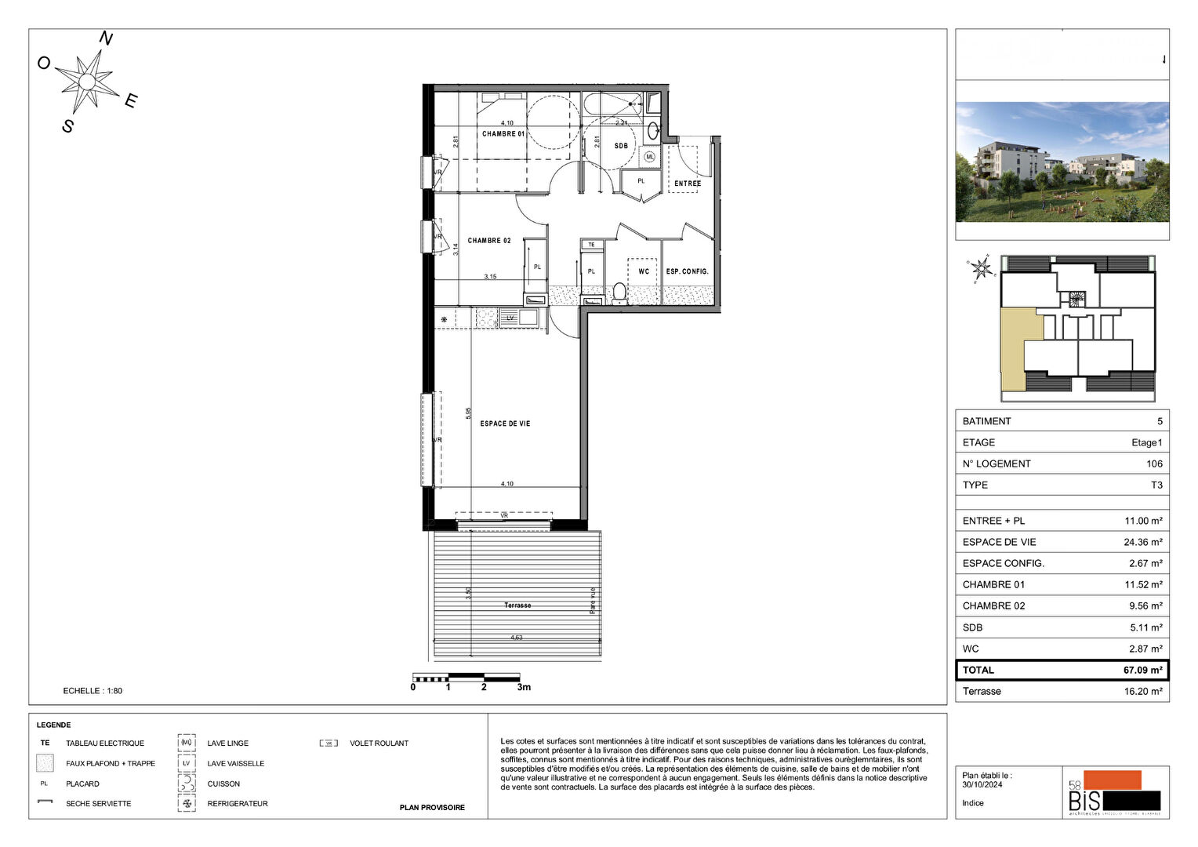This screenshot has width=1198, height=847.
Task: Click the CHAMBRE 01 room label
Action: (503, 134)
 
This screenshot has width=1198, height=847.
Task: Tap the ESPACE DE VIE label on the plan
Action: (505, 423)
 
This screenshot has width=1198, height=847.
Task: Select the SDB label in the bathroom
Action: (621, 146)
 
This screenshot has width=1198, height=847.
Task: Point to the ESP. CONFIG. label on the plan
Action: (687, 271)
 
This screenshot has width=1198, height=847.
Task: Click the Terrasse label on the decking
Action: (517, 605)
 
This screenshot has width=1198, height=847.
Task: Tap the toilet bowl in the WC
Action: (619, 293)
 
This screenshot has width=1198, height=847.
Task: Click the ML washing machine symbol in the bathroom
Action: (649, 157)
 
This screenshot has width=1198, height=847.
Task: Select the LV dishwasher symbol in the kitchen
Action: (510, 318)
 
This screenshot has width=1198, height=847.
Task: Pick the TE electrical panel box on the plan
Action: (592, 245)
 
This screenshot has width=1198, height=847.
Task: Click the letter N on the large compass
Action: (106, 38)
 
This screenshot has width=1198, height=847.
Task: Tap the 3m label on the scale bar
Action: (524, 687)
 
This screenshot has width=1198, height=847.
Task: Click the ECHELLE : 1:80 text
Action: (93, 691)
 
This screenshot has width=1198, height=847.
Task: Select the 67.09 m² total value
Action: (1142, 671)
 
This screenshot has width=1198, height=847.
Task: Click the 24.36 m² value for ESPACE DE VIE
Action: (1142, 542)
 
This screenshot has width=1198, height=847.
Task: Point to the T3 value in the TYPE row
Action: (1156, 485)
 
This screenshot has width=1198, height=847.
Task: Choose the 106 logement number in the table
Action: (1154, 463)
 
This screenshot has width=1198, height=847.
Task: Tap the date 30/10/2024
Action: (982, 784)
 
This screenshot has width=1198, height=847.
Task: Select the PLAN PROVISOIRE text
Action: (432, 808)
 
